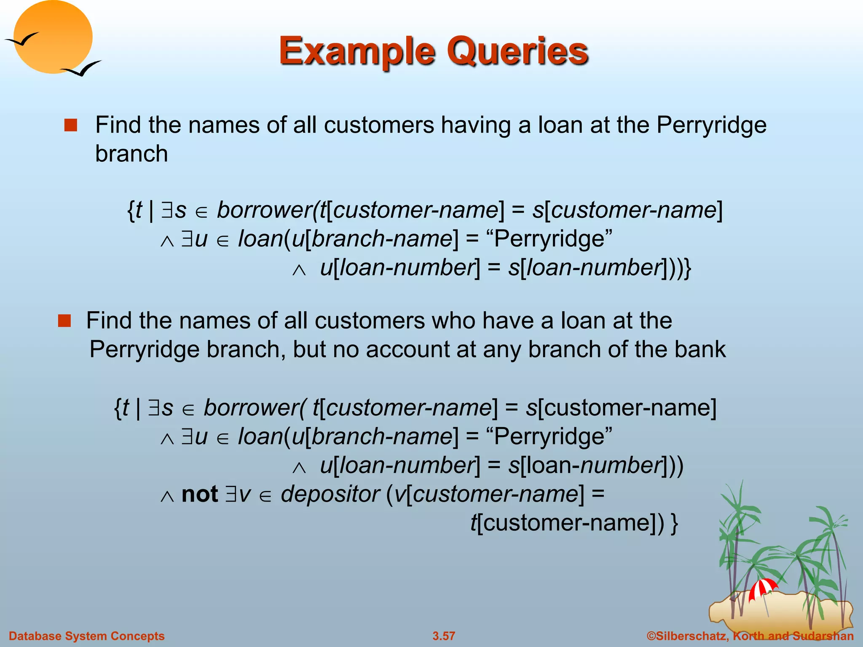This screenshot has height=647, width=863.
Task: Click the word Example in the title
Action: pos(356,51)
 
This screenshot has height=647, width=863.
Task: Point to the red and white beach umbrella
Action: pos(762,588)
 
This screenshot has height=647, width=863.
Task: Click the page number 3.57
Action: pos(444,636)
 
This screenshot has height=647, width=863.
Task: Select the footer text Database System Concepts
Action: pos(87,636)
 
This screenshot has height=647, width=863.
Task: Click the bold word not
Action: pos(199,494)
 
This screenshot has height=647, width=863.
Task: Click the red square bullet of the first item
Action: pos(70,125)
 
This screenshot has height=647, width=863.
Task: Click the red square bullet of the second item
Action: pos(64,321)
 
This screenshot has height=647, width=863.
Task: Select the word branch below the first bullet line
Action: pos(131,153)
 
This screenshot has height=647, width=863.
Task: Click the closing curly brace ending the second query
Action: pos(674,524)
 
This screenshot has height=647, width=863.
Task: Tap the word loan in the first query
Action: pos(260,239)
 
